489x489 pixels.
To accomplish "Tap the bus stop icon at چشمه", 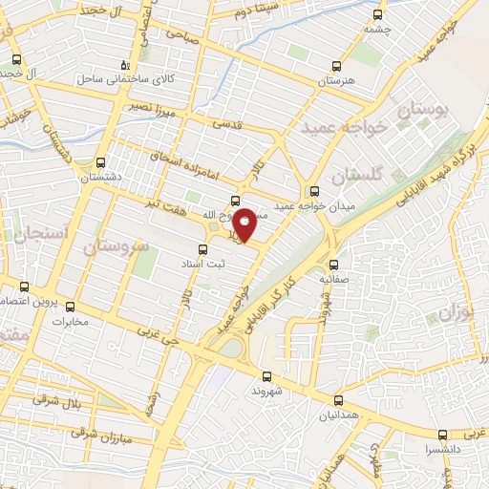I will [378, 14].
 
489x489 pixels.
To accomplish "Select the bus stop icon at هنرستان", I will [335, 66].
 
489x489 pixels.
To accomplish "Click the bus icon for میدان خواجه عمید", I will [315, 189].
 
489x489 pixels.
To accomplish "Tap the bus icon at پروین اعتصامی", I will [24, 286].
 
